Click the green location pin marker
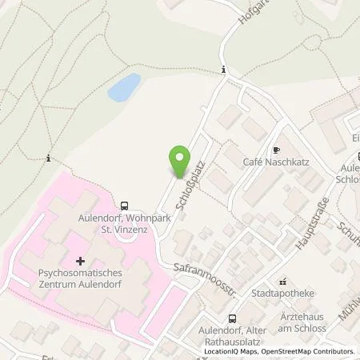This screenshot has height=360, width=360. pyautogui.click(x=180, y=162)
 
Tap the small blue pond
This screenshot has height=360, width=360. pyautogui.click(x=124, y=87)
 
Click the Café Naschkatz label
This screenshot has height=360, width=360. pyautogui.click(x=276, y=162)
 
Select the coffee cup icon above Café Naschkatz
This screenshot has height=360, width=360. pyautogui.click(x=276, y=150)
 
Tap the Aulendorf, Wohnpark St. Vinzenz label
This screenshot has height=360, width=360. pyautogui.click(x=124, y=223)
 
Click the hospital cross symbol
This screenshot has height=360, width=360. pyautogui.click(x=81, y=260)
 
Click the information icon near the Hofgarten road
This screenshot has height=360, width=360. pyautogui.click(x=224, y=70)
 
